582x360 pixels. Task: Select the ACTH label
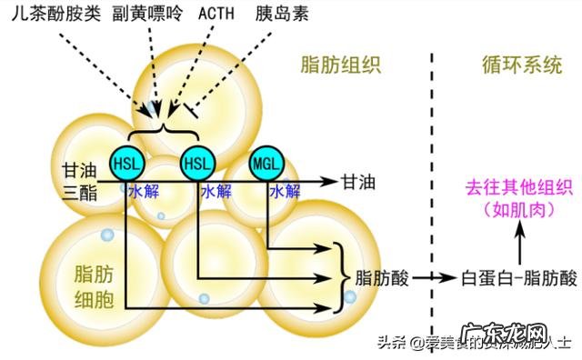pos(216,15)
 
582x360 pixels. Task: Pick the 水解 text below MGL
pos(285,192)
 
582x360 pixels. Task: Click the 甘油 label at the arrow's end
pos(358,181)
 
